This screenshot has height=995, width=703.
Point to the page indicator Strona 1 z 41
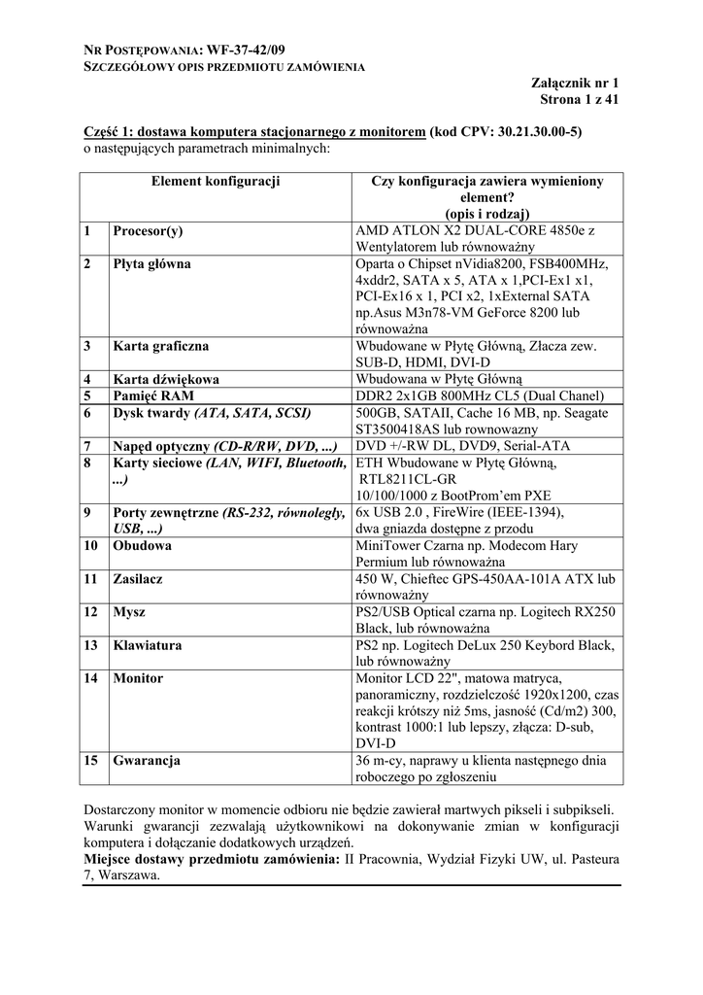pos(580,100)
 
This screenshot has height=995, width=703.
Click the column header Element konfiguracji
pos(216,181)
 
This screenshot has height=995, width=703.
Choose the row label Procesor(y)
pos(149,231)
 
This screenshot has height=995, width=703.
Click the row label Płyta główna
pos(152,264)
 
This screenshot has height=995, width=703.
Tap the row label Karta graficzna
pos(161,346)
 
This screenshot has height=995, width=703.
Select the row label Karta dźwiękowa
pos(166,379)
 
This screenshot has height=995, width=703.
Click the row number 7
pos(87,446)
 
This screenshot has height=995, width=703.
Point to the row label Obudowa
pos(143,546)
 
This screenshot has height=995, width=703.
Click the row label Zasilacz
pos(138,579)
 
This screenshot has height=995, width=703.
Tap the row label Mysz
pos(130,612)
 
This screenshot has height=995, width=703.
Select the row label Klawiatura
pos(148,645)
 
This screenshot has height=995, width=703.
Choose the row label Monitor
pos(138,678)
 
